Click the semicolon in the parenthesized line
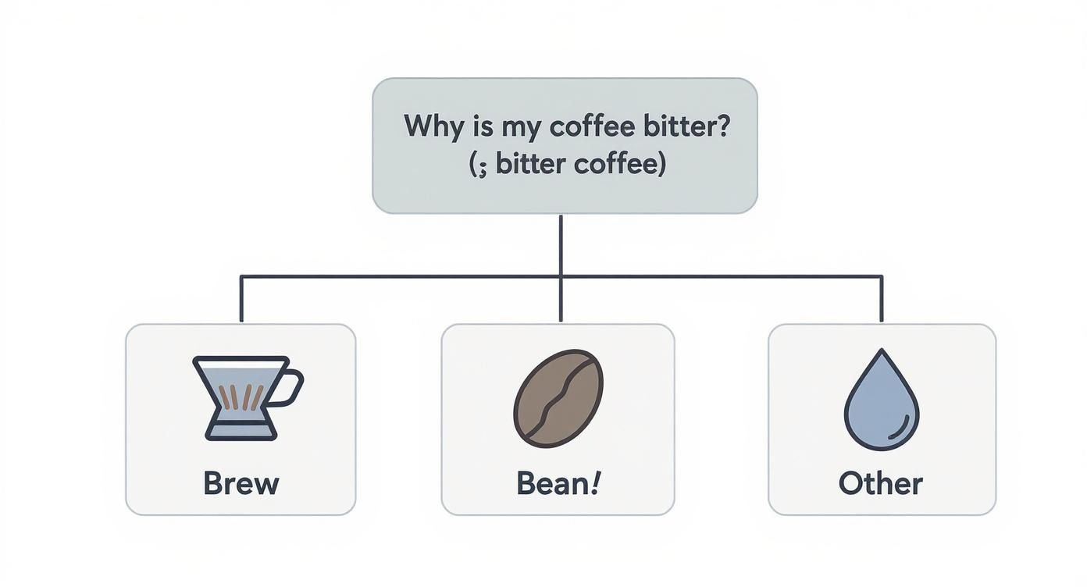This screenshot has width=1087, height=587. [x=483, y=166]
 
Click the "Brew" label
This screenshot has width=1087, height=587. [x=241, y=483]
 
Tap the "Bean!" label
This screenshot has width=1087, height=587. [x=558, y=483]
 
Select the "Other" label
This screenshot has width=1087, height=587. [x=881, y=483]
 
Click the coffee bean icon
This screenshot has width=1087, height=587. [x=558, y=398]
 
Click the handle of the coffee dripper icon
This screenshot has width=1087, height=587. [x=290, y=389]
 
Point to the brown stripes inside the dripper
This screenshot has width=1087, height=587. [x=239, y=397]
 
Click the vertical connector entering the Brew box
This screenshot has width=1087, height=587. [x=241, y=301]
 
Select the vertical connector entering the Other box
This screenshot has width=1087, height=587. [x=882, y=301]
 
